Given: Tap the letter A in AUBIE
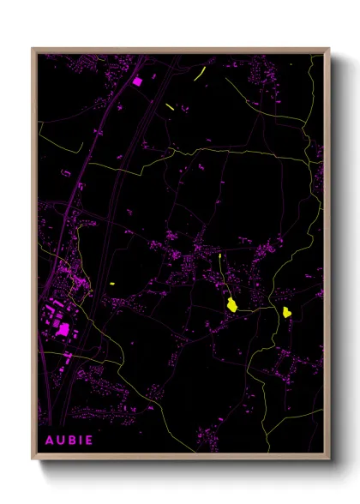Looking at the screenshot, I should pos(49,441).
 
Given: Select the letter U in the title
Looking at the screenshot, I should pos(60,441).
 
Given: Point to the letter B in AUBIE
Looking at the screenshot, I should pos(71,441).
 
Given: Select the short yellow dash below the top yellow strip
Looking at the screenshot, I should pos(170,106).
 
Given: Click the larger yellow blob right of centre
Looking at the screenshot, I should pos(231,303).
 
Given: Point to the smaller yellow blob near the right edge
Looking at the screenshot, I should pos(286,312).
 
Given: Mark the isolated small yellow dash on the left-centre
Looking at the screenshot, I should pos(112,284).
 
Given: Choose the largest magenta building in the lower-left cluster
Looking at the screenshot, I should pos(63,328).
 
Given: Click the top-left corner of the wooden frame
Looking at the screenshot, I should pos(33,50).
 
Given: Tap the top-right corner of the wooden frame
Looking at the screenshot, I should pos(328,50).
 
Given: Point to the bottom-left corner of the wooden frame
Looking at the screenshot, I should pos(33,459).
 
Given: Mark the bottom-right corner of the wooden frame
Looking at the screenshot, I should pos(328,459).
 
